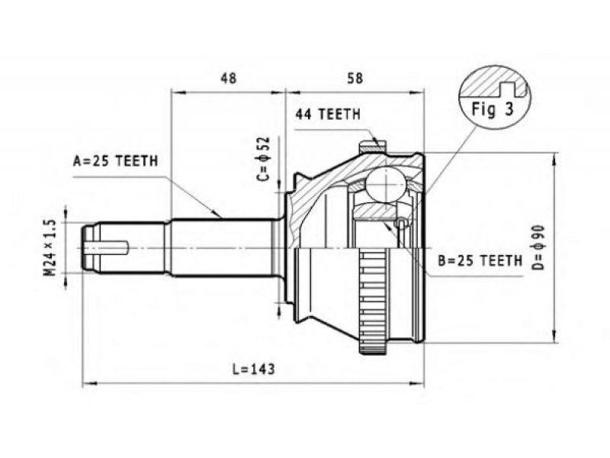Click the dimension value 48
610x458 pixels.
228,79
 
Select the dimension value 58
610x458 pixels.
355,79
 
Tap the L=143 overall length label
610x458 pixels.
253,369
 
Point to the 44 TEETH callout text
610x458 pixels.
328,114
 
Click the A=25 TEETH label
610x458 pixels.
116,161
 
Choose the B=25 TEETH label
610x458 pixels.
480,260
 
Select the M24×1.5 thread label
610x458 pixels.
50,247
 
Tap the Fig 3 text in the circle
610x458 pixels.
493,109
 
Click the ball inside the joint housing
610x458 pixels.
385,185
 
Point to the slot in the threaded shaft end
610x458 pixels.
107,247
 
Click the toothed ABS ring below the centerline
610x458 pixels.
373,301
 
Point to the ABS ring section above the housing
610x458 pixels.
373,147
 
